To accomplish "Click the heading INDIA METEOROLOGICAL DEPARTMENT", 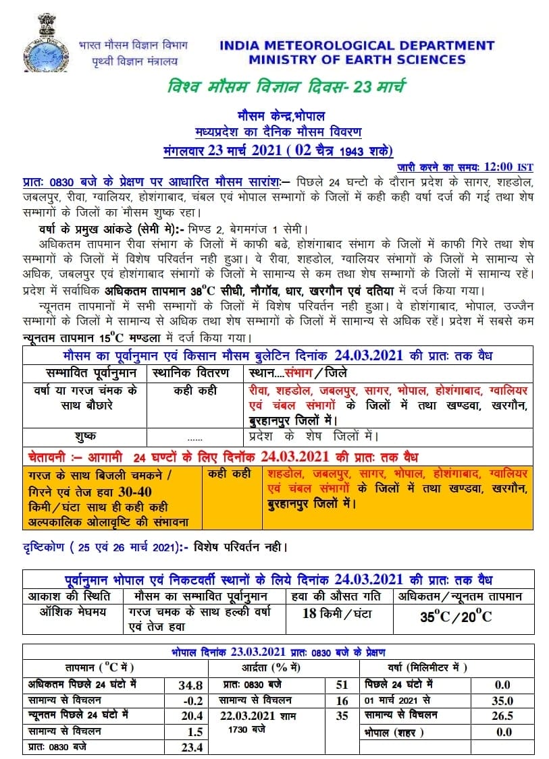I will pos(357,46).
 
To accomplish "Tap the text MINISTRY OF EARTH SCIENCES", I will pos(357,59).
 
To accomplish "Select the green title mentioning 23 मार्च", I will pos(286,88).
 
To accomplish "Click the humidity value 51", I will pos(342,684).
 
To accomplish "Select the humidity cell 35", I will pos(342,716).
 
